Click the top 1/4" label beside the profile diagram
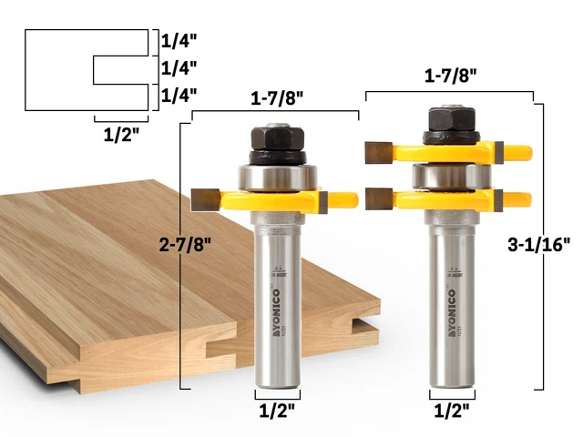click(x=179, y=41)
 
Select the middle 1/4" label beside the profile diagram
click(x=179, y=68)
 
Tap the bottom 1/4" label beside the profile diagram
click(x=179, y=95)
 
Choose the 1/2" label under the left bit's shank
click(x=277, y=412)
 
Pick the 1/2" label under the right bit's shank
click(x=452, y=412)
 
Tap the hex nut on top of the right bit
click(x=448, y=120)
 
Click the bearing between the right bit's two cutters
click(x=449, y=174)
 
